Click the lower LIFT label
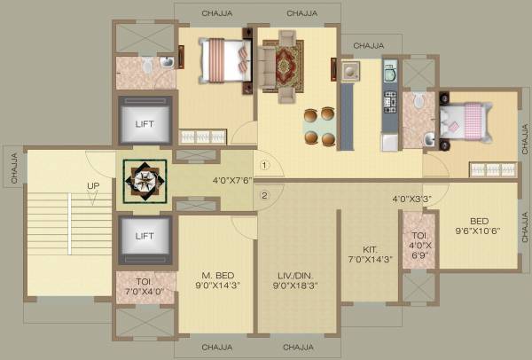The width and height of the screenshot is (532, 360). click(145, 236)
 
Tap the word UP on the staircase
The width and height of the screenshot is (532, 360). click(92, 185)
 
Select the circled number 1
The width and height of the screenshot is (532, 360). click(263, 165)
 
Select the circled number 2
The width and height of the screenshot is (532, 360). click(263, 196)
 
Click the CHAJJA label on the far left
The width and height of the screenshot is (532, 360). click(13, 168)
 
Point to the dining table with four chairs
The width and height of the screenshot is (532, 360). click(319, 126)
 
